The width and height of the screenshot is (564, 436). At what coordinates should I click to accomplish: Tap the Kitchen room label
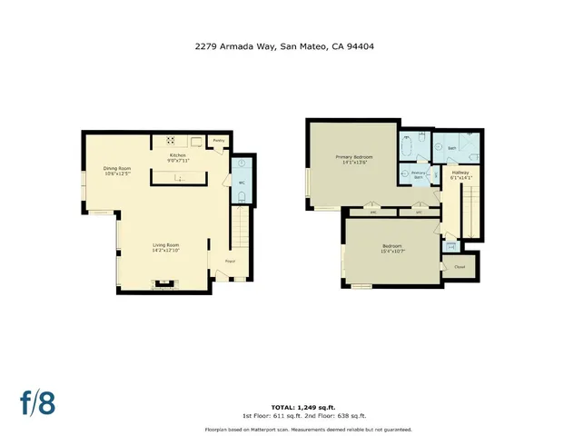(177, 155)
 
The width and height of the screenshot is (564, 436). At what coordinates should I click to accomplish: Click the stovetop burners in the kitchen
(170, 140)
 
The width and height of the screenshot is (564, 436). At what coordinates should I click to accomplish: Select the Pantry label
(218, 141)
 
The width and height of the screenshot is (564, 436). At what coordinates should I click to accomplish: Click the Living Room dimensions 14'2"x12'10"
(165, 250)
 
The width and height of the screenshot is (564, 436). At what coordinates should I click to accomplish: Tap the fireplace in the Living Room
(164, 284)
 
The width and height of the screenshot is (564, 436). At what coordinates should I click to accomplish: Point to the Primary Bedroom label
(351, 158)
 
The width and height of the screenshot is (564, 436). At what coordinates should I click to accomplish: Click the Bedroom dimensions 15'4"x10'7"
(392, 250)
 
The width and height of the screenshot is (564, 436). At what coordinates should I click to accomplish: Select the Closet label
(460, 267)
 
